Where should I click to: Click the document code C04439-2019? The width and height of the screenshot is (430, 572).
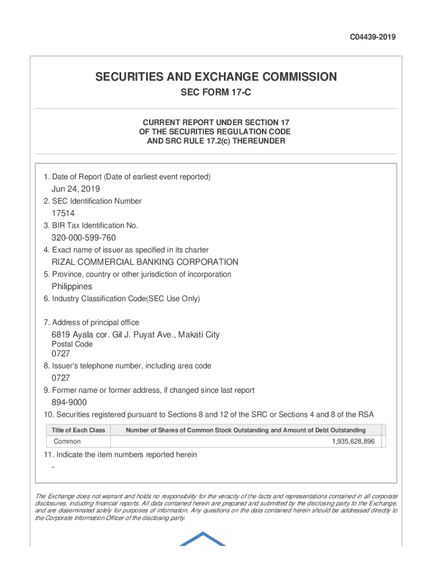click(372, 37)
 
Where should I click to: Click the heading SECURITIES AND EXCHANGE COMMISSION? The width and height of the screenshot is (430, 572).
click(216, 77)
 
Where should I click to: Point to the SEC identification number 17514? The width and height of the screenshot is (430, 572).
click(63, 213)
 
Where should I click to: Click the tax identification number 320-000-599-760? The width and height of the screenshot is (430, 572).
click(84, 238)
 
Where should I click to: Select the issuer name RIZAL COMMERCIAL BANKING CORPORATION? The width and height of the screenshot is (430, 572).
click(145, 262)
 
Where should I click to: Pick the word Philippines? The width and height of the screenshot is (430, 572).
click(72, 287)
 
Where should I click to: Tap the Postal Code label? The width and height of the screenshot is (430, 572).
click(73, 344)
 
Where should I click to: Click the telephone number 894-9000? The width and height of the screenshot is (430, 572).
click(69, 403)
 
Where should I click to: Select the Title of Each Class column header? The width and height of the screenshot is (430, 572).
click(78, 430)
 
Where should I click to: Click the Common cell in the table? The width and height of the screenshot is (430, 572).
click(67, 442)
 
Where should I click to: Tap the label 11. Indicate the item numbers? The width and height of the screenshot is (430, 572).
click(120, 455)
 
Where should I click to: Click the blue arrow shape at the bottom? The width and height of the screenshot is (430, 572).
click(202, 538)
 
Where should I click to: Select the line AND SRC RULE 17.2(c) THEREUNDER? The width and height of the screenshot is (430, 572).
click(216, 141)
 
